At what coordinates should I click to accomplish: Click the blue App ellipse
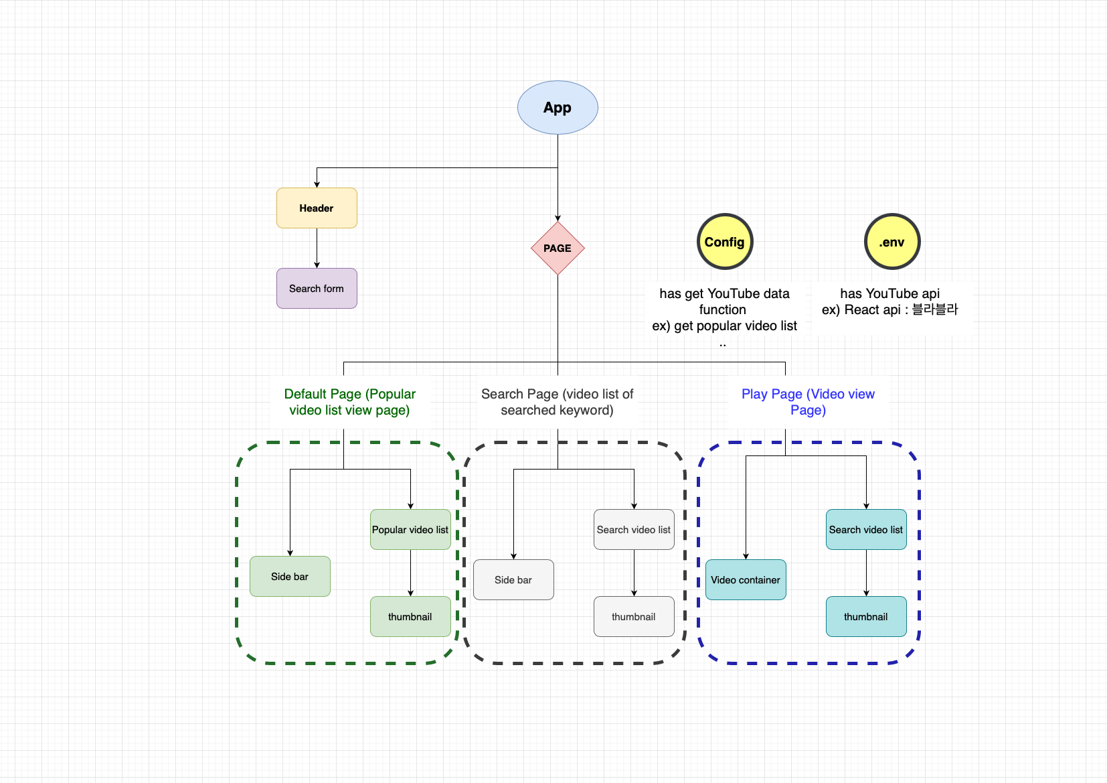558,108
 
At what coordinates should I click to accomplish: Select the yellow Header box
317,208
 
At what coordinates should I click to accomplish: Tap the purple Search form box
317,289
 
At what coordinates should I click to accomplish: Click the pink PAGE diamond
558,248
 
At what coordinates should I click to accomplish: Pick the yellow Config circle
725,242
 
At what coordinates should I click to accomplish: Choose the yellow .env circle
892,242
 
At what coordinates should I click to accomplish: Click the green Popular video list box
410,530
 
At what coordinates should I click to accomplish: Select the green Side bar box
290,577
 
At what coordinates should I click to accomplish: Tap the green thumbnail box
410,617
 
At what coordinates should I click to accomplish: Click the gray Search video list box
634,530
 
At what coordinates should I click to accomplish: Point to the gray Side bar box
513,580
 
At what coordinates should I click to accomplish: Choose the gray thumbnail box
634,617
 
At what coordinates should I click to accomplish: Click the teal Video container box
746,580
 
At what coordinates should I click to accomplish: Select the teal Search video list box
866,530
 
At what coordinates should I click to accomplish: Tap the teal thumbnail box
866,617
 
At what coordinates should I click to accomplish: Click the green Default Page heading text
349,402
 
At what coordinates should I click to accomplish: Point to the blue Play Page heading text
808,402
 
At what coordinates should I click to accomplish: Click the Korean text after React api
935,309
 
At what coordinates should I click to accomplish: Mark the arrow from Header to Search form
317,248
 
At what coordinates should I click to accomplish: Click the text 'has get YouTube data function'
724,301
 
